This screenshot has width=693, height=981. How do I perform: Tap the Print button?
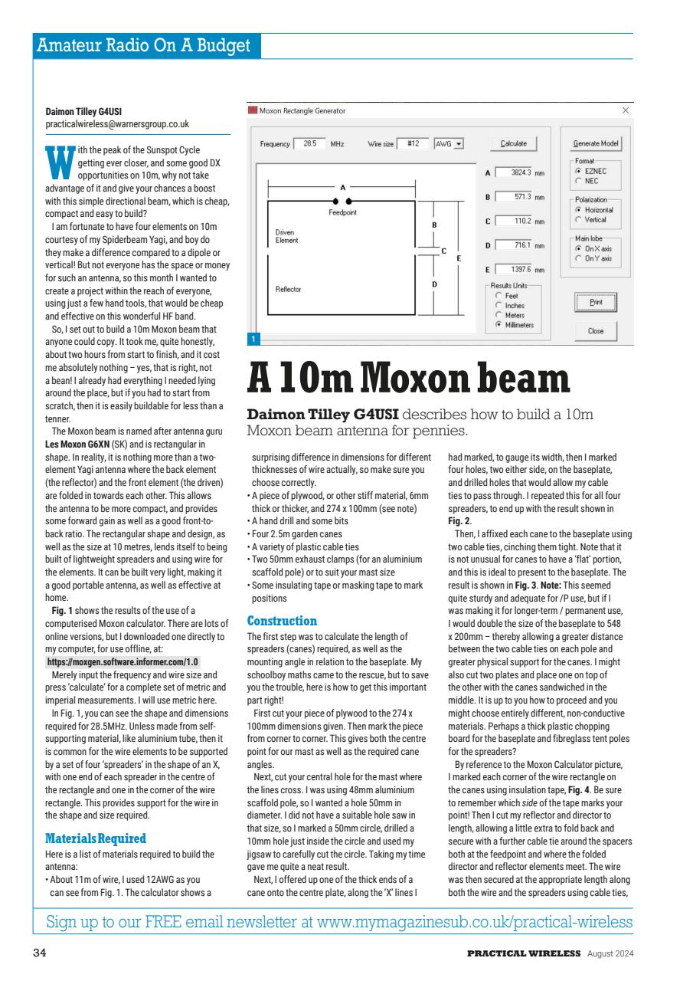pyautogui.click(x=596, y=302)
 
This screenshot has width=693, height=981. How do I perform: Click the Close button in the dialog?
pyautogui.click(x=596, y=331)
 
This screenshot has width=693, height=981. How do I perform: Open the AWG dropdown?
pyautogui.click(x=449, y=143)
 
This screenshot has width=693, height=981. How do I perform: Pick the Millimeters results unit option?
pyautogui.click(x=499, y=324)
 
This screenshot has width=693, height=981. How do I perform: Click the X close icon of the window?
pyautogui.click(x=625, y=111)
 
